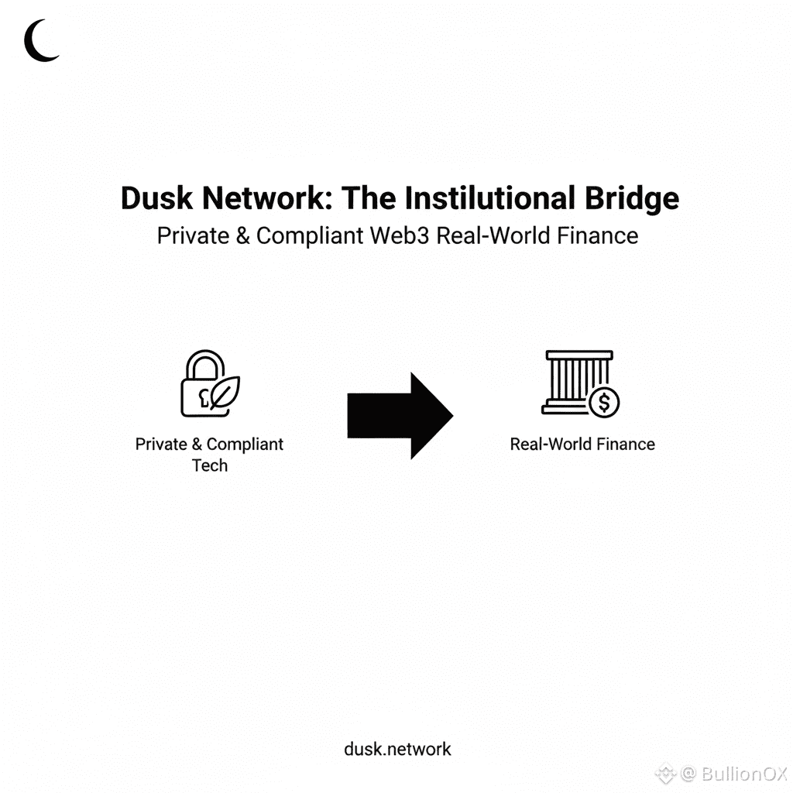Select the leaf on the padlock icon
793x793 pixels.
225,393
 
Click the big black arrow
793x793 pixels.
400,415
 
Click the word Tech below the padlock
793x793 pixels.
210,465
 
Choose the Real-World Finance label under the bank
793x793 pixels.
582,445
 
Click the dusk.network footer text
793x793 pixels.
397,749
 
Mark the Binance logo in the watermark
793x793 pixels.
665,774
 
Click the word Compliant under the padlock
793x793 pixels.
245,445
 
